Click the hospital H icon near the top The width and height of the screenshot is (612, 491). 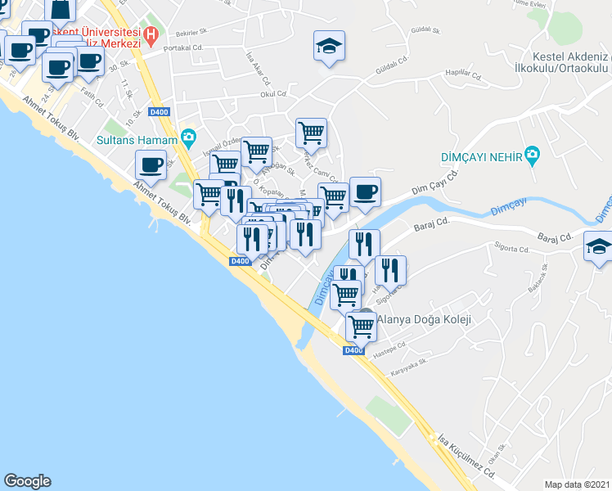150,34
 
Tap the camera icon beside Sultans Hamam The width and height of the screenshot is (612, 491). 189,137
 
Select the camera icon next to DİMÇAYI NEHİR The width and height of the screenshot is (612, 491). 533,154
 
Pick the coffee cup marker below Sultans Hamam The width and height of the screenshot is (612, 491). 151,164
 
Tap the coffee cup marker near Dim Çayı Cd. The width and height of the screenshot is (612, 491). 365,191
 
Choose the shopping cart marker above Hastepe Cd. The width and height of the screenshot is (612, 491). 361,327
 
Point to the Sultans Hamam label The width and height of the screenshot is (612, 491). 138,141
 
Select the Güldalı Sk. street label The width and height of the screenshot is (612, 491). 425,30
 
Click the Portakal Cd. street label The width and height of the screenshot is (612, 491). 182,47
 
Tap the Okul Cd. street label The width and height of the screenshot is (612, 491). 270,94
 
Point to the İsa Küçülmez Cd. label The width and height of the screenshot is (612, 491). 466,454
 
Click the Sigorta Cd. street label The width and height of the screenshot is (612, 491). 513,246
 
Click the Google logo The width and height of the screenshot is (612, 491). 27,481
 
